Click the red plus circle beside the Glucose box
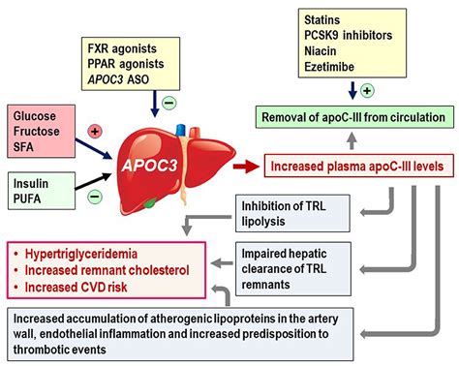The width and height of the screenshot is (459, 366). [x=96, y=130]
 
